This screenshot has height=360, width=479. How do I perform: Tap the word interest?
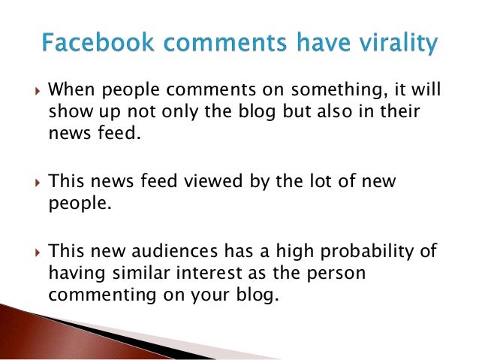[x=208, y=272]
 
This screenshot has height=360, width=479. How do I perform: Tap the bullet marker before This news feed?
[x=30, y=183]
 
